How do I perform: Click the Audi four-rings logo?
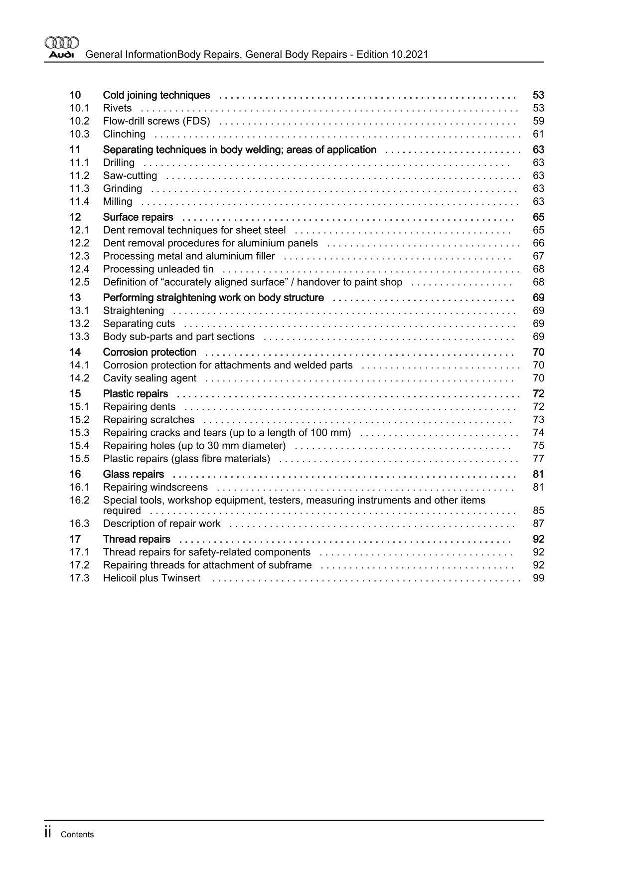62,43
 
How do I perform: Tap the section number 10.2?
79,121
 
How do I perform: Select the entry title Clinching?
124,134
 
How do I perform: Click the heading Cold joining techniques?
156,95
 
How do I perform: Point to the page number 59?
538,121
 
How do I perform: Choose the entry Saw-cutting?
130,175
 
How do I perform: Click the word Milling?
118,201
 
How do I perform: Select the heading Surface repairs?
138,217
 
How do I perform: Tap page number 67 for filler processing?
538,256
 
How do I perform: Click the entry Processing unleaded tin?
158,269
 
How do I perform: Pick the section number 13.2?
79,324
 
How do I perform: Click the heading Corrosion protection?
150,352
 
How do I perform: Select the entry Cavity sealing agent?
150,378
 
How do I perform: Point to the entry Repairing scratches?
149,420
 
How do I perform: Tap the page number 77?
538,459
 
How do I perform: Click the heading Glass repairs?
133,474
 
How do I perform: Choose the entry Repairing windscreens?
155,487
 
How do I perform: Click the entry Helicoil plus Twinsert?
152,578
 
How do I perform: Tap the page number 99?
538,578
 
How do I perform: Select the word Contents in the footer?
77,835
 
